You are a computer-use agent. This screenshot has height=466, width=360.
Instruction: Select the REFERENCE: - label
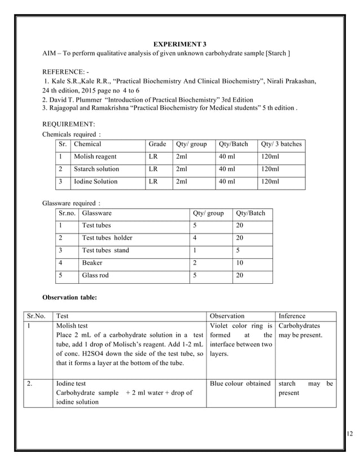click(x=66, y=72)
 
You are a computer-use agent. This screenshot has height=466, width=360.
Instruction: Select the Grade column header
click(x=157, y=144)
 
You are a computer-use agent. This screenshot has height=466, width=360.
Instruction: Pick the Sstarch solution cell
click(x=96, y=169)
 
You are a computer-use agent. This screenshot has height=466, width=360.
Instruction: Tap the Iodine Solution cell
click(x=95, y=181)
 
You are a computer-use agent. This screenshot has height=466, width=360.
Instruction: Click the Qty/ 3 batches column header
click(x=281, y=144)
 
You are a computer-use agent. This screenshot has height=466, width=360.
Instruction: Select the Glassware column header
click(x=96, y=213)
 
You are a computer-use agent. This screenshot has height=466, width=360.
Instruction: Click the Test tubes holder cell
click(x=107, y=238)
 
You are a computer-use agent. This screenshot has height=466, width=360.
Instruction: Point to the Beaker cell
click(x=92, y=262)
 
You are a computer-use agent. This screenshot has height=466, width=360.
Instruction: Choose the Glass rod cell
click(x=95, y=275)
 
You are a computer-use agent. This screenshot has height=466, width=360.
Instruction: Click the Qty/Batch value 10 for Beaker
click(x=240, y=262)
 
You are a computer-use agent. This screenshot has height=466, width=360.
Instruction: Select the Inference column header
click(x=292, y=316)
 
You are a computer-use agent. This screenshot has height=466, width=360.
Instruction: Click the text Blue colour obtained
click(x=240, y=383)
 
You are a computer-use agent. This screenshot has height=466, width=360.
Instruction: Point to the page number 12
click(x=350, y=433)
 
